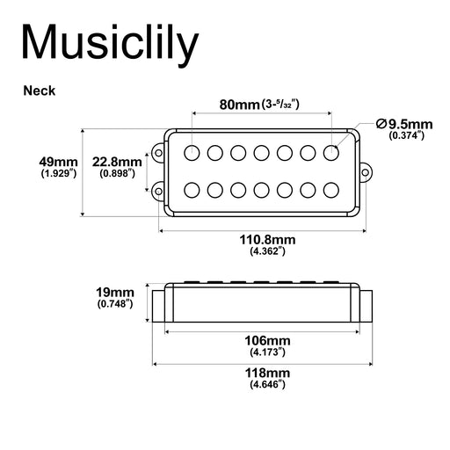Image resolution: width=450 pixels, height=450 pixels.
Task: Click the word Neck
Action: (x=40, y=90)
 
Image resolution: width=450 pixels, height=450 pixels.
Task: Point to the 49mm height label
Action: (x=59, y=162)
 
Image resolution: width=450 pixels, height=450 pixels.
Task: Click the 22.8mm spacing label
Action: (x=117, y=162)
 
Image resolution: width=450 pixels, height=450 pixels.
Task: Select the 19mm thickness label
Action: (x=116, y=292)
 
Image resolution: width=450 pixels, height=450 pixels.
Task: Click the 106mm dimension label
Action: (x=266, y=340)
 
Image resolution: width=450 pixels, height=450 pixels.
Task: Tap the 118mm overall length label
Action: (x=266, y=372)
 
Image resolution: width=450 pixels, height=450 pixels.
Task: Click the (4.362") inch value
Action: (x=266, y=252)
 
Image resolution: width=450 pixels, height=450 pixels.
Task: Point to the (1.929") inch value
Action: (x=59, y=174)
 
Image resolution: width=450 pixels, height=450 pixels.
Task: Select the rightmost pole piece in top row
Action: (x=330, y=153)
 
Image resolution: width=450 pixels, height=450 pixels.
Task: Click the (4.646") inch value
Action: (x=266, y=384)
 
